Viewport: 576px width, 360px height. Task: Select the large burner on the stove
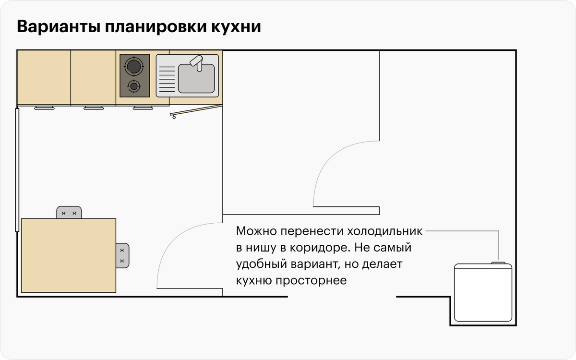pos(133,65)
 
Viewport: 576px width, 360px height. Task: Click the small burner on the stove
pos(134,86)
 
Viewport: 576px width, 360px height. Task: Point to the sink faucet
pos(197,63)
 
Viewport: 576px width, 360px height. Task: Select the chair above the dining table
pos(69,212)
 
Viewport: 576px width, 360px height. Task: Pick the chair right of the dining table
pos(123,255)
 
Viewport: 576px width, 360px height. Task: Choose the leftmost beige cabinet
pos(44,77)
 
